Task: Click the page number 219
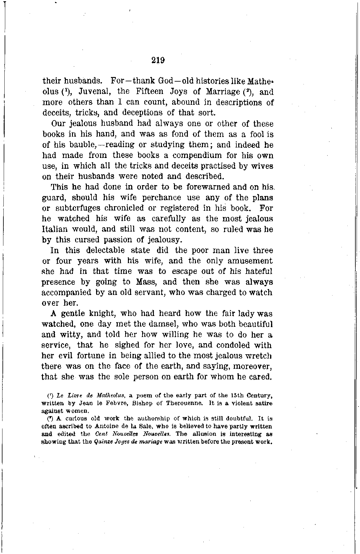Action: (158, 60)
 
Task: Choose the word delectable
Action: (106, 250)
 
